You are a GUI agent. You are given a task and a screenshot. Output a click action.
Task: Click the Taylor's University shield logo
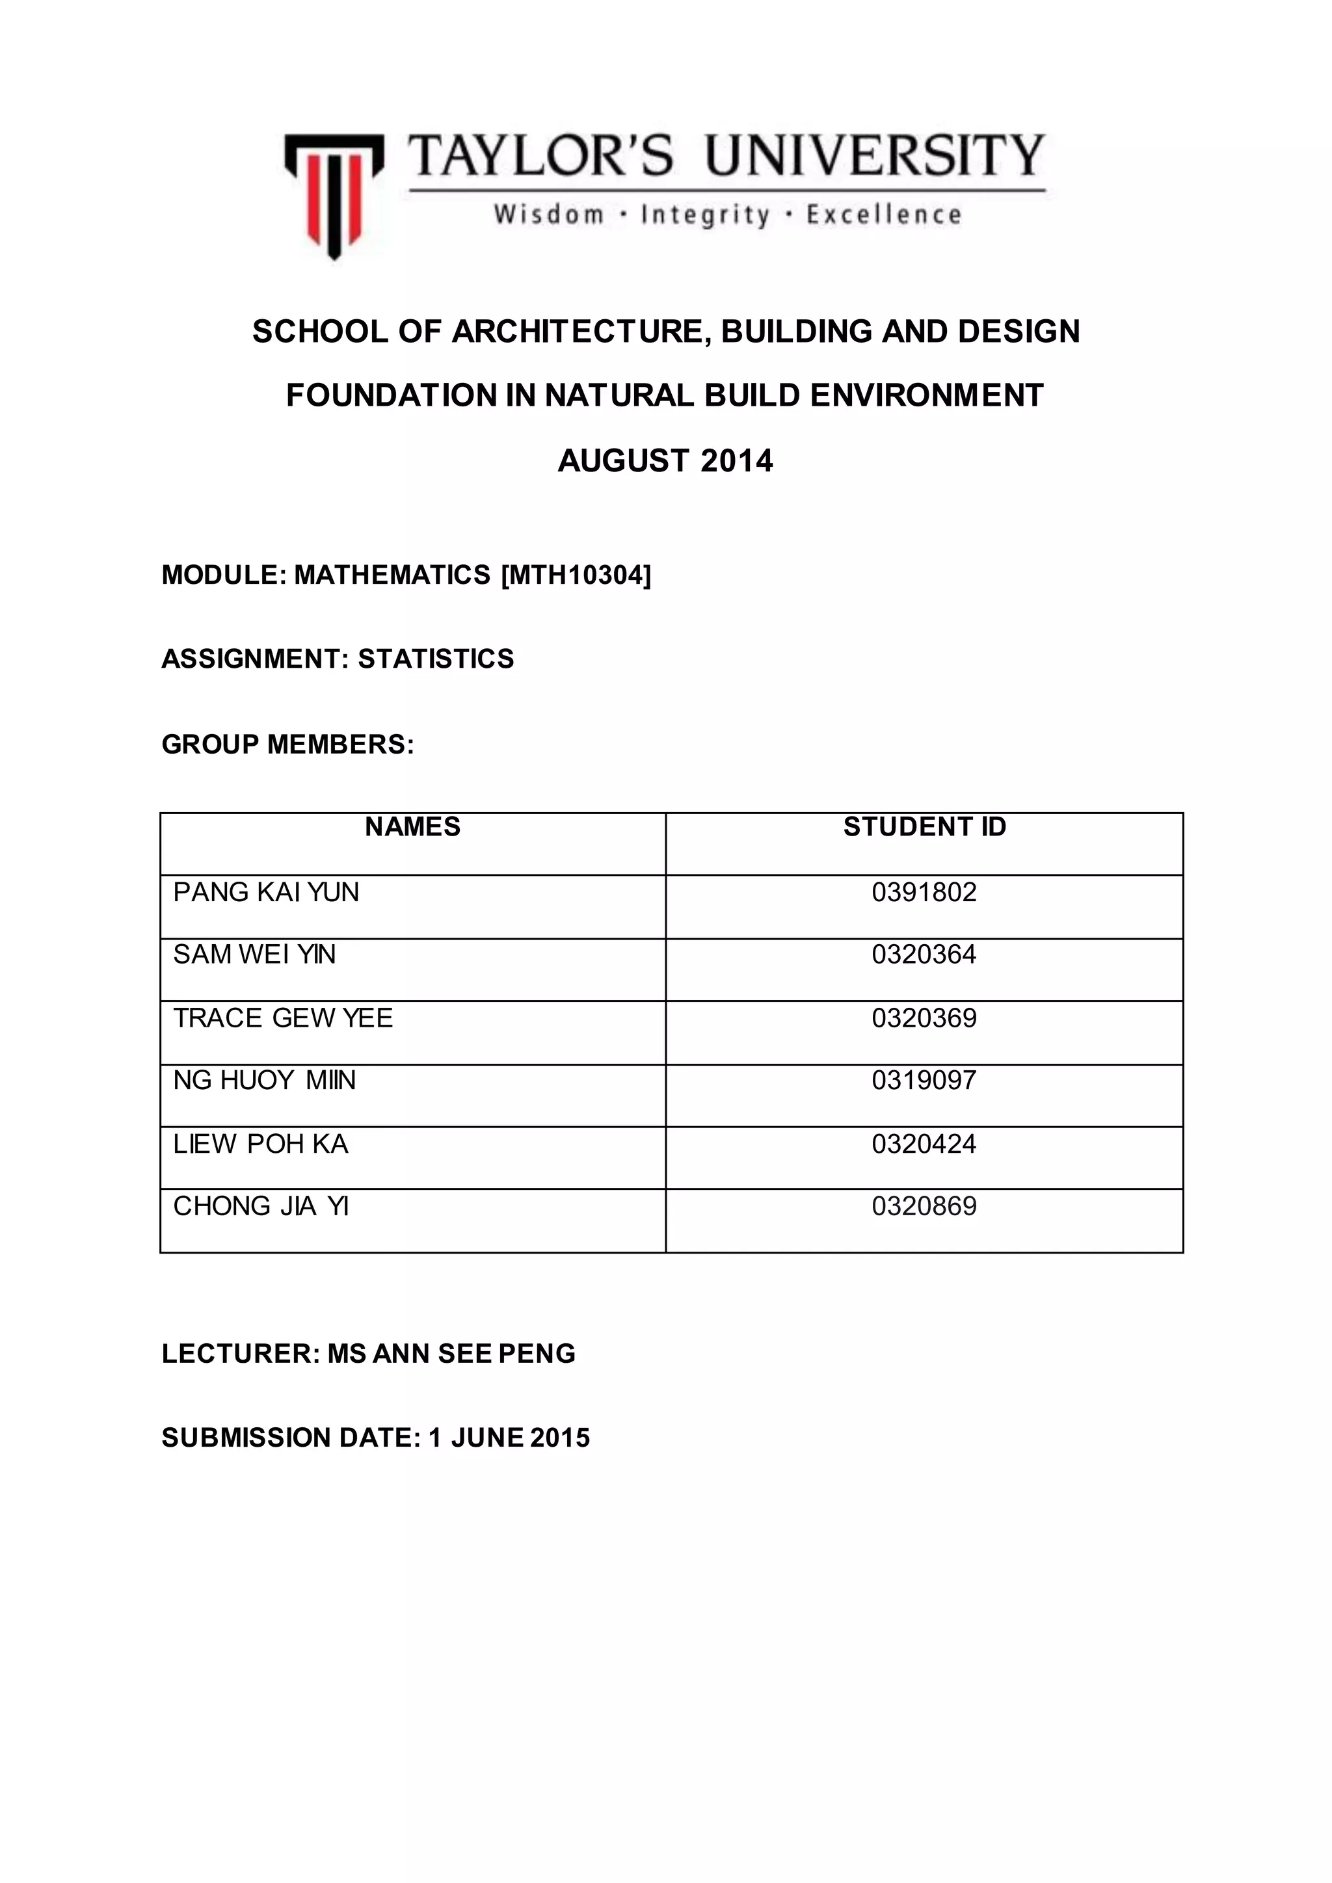tap(334, 195)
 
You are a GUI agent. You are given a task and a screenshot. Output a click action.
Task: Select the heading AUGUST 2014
tap(665, 461)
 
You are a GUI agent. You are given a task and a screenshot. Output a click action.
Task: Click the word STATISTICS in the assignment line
tap(436, 659)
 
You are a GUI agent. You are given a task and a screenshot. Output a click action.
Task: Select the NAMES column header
tap(412, 826)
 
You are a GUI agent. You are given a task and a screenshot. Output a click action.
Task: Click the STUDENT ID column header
tap(924, 826)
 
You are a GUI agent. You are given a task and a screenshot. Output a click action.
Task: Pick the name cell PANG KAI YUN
tap(267, 892)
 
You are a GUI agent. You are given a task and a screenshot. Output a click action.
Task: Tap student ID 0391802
tap(924, 892)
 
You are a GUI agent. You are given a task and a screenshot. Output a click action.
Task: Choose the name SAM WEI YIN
tap(254, 955)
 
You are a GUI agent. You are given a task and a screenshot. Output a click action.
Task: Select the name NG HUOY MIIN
tap(264, 1080)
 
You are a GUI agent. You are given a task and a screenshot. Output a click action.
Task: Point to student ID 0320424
tap(924, 1144)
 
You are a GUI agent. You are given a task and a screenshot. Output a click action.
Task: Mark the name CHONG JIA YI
tap(261, 1206)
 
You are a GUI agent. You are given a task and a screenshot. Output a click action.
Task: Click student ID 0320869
tap(924, 1206)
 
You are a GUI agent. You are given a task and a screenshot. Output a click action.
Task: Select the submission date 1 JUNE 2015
tap(509, 1438)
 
